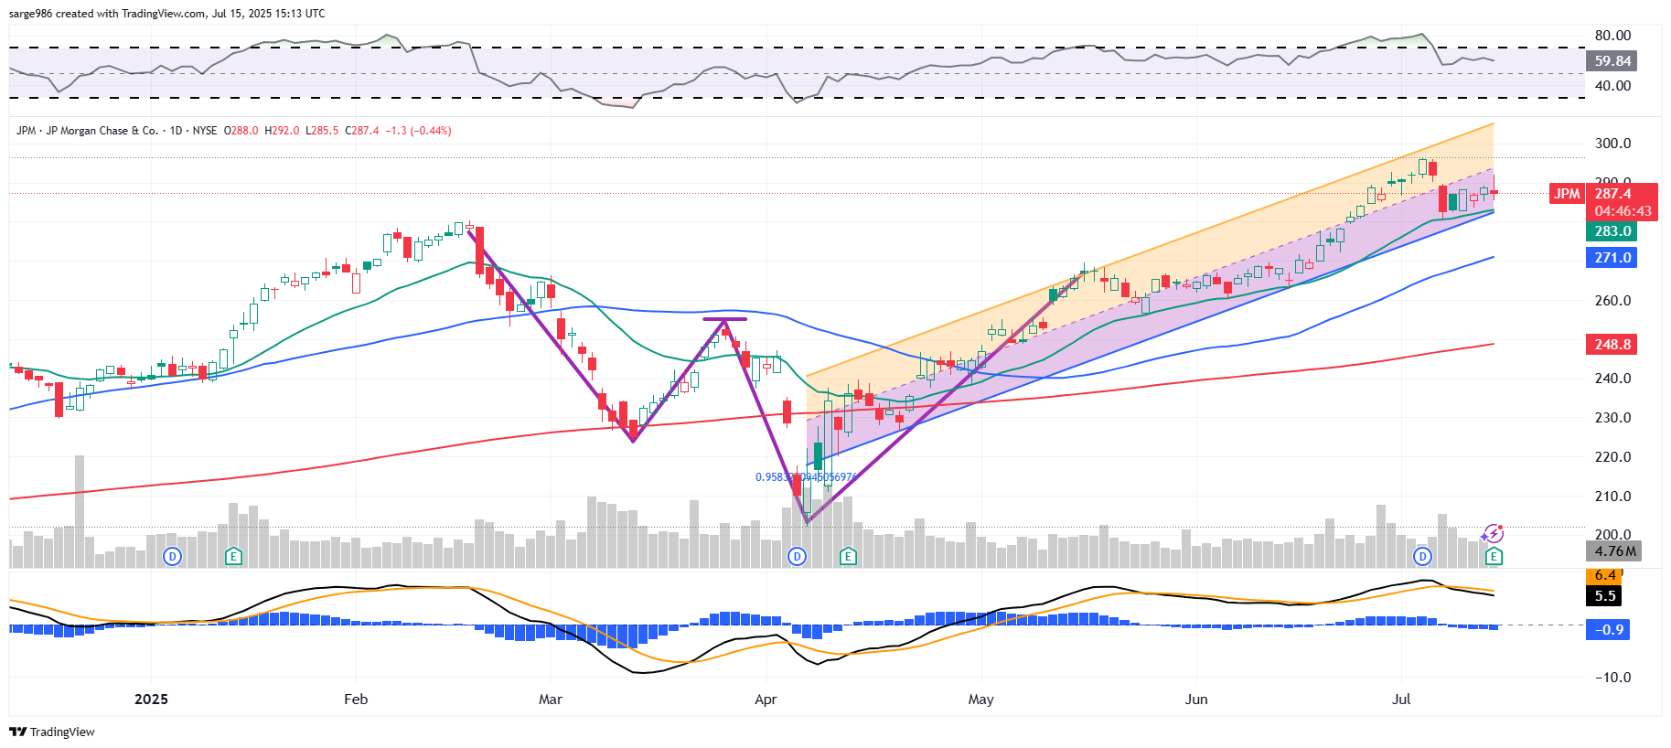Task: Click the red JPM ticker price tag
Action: click(x=1567, y=194)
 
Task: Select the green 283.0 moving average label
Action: click(x=1612, y=231)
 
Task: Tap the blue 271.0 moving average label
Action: click(x=1612, y=258)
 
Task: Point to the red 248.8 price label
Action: click(x=1612, y=345)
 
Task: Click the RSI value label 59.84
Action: click(x=1612, y=61)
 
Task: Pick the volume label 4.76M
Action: click(x=1614, y=550)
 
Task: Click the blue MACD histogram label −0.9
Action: click(x=1609, y=630)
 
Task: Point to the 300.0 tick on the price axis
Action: click(x=1612, y=144)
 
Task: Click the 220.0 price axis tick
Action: click(x=1612, y=457)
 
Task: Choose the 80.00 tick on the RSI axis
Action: click(x=1612, y=36)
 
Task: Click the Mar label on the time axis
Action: click(x=551, y=700)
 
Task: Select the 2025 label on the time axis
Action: click(x=151, y=700)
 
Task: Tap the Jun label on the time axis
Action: click(x=1196, y=700)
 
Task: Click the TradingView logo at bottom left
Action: click(x=52, y=732)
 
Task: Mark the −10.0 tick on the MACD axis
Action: click(x=1612, y=678)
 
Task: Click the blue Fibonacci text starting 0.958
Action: click(x=806, y=477)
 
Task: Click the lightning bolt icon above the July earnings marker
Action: click(x=1494, y=533)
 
